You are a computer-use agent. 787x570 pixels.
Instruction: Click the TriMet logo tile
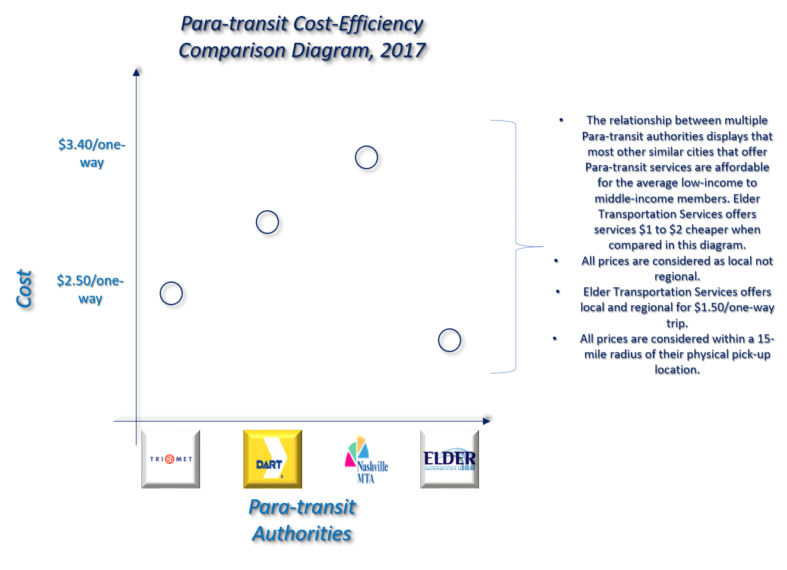point(171,459)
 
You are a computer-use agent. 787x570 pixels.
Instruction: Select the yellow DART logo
point(272,459)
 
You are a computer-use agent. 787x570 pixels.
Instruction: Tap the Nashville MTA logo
point(366,459)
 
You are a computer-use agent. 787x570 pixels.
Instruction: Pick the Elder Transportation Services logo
point(449,459)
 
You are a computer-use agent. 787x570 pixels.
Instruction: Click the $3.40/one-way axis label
point(92,154)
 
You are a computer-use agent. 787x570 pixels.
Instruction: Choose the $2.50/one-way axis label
point(90,290)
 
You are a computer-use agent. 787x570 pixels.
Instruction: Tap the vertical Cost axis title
point(24,289)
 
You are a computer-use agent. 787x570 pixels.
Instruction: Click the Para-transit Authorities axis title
point(302,520)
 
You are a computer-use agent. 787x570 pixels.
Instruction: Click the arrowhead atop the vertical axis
point(137,72)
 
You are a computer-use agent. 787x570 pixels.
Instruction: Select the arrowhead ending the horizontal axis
point(487,421)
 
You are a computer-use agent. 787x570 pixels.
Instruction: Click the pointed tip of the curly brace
point(543,246)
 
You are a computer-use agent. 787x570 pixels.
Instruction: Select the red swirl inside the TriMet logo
point(170,459)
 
